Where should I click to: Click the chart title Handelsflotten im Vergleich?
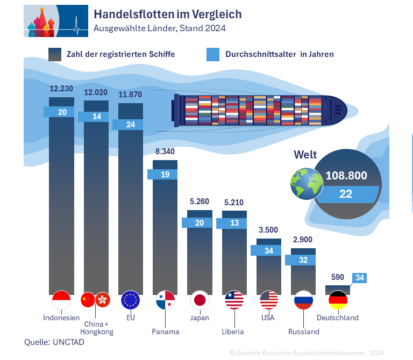167,14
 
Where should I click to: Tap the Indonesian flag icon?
61,300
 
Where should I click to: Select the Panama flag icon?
165,300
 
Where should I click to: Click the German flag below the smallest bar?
338,300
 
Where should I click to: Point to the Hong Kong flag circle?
102,300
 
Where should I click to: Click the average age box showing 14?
96,117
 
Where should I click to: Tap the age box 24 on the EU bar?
131,124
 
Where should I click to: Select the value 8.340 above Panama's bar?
165,152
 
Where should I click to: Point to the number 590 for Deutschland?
337,277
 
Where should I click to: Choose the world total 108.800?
346,175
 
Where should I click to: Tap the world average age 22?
346,194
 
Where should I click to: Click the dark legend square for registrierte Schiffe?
55,54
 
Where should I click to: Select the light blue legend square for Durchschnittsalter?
213,54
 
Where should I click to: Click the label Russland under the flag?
303,332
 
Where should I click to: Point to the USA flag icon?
268,300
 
